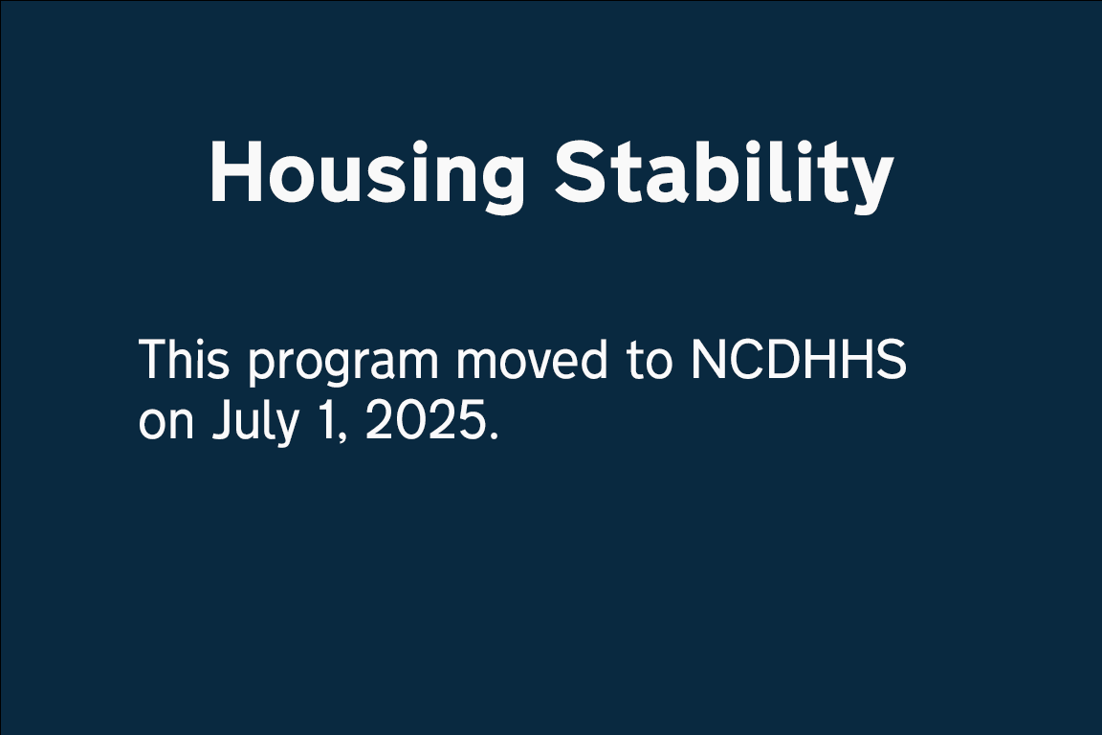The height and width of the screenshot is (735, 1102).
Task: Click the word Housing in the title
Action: (367, 175)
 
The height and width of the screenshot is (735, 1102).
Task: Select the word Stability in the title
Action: (724, 174)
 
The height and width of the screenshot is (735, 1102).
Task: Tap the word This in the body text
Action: (184, 359)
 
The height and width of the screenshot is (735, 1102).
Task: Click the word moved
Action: (532, 359)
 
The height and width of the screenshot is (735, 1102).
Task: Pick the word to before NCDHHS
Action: (650, 361)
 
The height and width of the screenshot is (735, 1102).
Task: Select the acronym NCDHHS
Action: (799, 360)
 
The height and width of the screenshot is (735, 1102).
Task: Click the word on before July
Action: (165, 424)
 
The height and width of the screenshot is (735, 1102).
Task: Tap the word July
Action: (254, 423)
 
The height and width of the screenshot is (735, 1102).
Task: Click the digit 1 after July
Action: (326, 420)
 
